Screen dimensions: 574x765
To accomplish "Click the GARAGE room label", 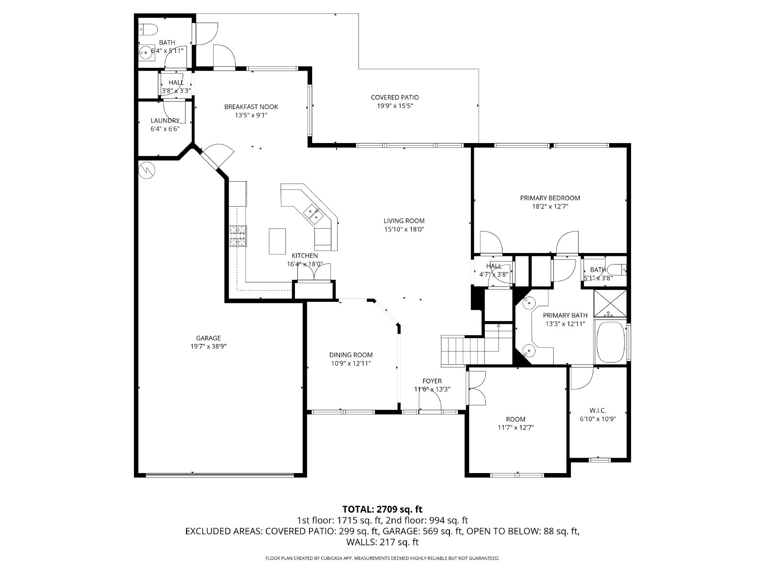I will tap(208, 338).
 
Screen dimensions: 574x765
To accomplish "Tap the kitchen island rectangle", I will tap(277, 241).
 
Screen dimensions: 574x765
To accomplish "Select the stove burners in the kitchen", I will tap(238, 236).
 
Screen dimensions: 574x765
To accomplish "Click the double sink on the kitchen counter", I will tap(314, 214).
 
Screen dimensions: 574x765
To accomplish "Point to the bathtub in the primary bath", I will tap(611, 342).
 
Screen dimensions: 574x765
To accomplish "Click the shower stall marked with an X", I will tap(610, 303).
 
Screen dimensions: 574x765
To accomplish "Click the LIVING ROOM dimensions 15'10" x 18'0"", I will tap(404, 230).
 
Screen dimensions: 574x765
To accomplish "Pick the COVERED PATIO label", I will tap(394, 98).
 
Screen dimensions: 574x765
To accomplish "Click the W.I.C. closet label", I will tap(598, 410).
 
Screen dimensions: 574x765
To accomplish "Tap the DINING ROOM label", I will tap(350, 355).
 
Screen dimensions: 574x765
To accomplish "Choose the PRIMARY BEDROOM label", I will tap(550, 198).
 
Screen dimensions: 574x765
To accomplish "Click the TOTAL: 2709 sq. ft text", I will tap(382, 509).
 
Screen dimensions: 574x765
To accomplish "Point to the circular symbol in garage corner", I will tap(146, 170).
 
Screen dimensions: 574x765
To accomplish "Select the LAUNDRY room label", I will tap(165, 121).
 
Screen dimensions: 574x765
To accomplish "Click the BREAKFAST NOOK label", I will tap(251, 107).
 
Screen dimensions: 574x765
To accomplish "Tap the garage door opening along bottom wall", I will tap(220, 475).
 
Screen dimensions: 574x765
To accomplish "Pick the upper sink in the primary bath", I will tap(528, 302).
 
